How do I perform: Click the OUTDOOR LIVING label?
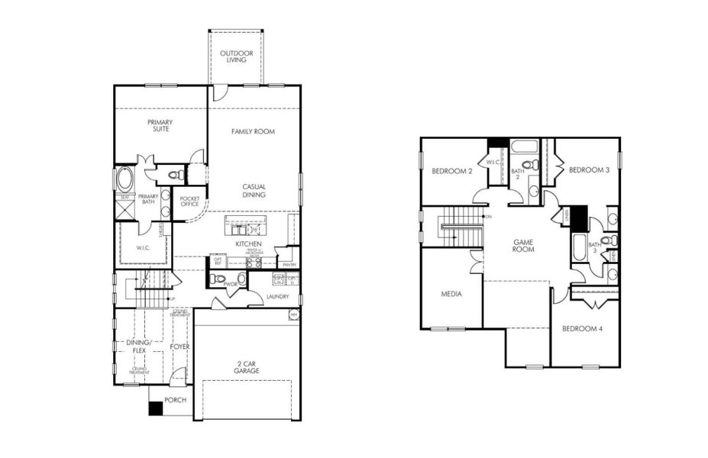pyautogui.click(x=237, y=56)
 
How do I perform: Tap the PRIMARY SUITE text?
pyautogui.click(x=160, y=126)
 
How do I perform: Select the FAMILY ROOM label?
pyautogui.click(x=253, y=131)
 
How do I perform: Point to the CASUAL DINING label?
pyautogui.click(x=254, y=190)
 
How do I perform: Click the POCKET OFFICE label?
pyautogui.click(x=189, y=202)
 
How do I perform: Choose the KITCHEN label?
pyautogui.click(x=248, y=244)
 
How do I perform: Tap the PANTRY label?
pyautogui.click(x=289, y=264)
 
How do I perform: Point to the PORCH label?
pyautogui.click(x=176, y=400)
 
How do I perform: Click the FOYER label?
pyautogui.click(x=179, y=347)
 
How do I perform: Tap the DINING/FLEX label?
pyautogui.click(x=140, y=347)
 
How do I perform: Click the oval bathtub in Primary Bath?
pyautogui.click(x=124, y=179)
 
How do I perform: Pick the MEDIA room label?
pyautogui.click(x=451, y=293)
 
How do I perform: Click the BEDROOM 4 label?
pyautogui.click(x=582, y=329)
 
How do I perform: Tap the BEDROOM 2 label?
pyautogui.click(x=451, y=171)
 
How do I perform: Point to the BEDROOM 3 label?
pyautogui.click(x=589, y=169)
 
